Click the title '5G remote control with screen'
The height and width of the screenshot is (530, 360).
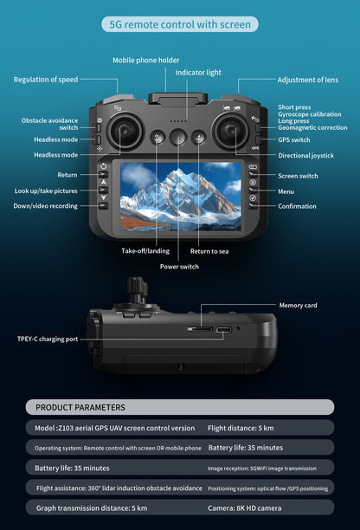[x=179, y=24]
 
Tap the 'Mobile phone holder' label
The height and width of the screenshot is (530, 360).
[x=146, y=60]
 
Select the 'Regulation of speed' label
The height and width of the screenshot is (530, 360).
[x=45, y=80]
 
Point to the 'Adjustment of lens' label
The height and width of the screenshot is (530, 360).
[x=307, y=80]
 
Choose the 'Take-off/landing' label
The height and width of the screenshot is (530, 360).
[x=145, y=250]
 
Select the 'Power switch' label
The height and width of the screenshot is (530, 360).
[x=179, y=267]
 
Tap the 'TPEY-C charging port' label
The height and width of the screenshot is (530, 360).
[x=48, y=339]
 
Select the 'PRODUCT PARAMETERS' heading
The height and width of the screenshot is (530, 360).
[x=80, y=407]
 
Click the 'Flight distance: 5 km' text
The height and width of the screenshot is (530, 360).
[x=241, y=428]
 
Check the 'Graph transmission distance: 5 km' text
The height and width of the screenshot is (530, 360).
[x=92, y=507]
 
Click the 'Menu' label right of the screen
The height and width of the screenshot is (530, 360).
[x=286, y=191]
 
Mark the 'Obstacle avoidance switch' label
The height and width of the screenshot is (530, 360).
[x=50, y=124]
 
